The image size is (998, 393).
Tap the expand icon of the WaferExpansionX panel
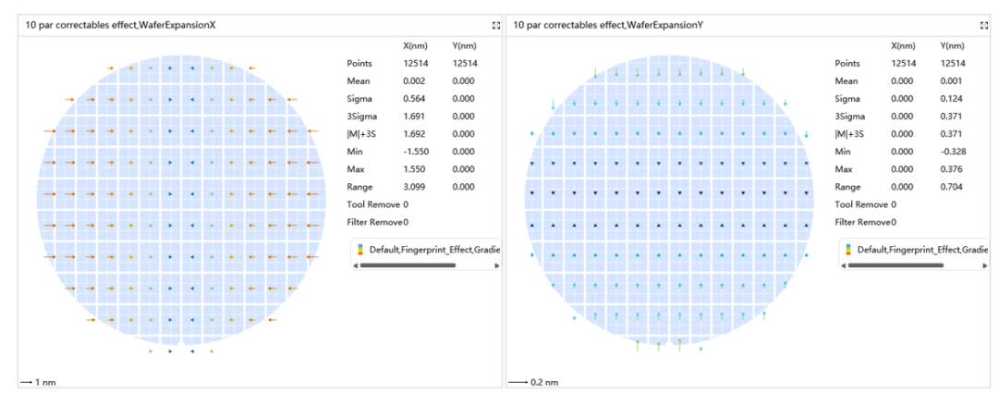pyautogui.click(x=496, y=26)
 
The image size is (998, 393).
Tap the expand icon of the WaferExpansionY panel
pyautogui.click(x=984, y=26)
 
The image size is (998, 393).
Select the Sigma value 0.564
pyautogui.click(x=414, y=99)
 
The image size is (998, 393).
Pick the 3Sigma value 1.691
pyautogui.click(x=414, y=117)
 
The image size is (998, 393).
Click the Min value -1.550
pyautogui.click(x=414, y=152)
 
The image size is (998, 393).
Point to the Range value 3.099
pyautogui.click(x=414, y=188)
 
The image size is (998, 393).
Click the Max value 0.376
pyautogui.click(x=952, y=169)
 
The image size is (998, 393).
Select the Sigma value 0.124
pyautogui.click(x=952, y=99)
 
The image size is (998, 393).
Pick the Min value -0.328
pyautogui.click(x=952, y=152)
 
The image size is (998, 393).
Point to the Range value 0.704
pyautogui.click(x=952, y=188)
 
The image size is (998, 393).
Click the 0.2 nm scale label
pyautogui.click(x=544, y=382)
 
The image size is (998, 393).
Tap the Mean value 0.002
pyautogui.click(x=414, y=80)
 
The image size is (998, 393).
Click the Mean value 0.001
pyautogui.click(x=952, y=80)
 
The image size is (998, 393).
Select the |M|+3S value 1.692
pyautogui.click(x=414, y=134)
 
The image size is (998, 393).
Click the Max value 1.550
pyautogui.click(x=414, y=169)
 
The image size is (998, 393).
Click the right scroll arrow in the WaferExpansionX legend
pyautogui.click(x=496, y=265)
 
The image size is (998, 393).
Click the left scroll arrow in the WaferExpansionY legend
pyautogui.click(x=842, y=265)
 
